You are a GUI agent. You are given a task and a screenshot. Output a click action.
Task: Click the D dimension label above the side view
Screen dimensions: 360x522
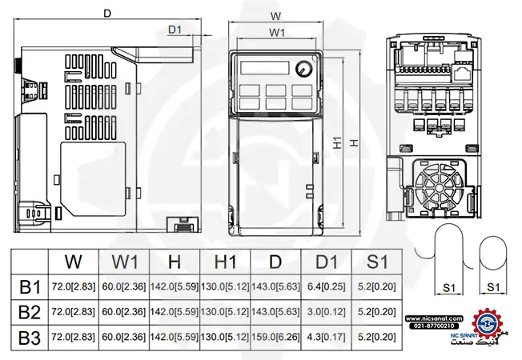tap(107, 13)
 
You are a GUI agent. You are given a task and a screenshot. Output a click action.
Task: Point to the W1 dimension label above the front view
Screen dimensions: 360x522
tap(277, 33)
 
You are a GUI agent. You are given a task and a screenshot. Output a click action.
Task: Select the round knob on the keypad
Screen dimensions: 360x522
tap(303, 69)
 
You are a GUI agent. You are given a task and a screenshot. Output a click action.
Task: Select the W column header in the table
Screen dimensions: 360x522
tap(73, 262)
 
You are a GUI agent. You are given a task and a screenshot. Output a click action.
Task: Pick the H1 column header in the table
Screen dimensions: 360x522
tap(224, 262)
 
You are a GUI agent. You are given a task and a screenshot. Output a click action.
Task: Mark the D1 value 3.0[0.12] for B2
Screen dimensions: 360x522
tap(327, 311)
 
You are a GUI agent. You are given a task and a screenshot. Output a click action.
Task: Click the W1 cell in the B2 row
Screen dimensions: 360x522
tap(123, 311)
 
